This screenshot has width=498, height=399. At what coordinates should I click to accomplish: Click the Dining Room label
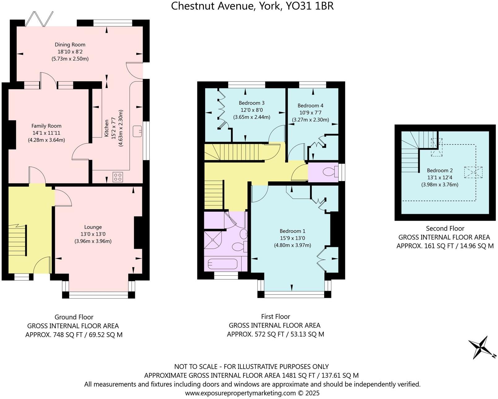(x=70, y=45)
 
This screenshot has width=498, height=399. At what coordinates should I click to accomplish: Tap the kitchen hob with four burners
(x=118, y=177)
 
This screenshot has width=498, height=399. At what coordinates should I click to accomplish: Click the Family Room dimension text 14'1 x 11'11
(x=46, y=133)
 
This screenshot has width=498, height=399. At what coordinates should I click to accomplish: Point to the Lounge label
(x=93, y=227)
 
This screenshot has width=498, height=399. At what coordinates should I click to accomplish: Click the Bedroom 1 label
(x=292, y=231)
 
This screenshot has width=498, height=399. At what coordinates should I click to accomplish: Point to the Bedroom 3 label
(x=251, y=103)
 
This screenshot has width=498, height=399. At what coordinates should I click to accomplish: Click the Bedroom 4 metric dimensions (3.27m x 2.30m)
(x=310, y=120)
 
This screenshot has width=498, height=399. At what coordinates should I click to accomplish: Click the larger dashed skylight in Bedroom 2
(x=473, y=172)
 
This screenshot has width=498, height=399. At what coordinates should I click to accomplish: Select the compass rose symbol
(x=480, y=347)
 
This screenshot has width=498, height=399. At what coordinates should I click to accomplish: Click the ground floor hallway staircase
(x=18, y=240)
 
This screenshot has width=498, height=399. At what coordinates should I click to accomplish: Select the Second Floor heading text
(x=445, y=228)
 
